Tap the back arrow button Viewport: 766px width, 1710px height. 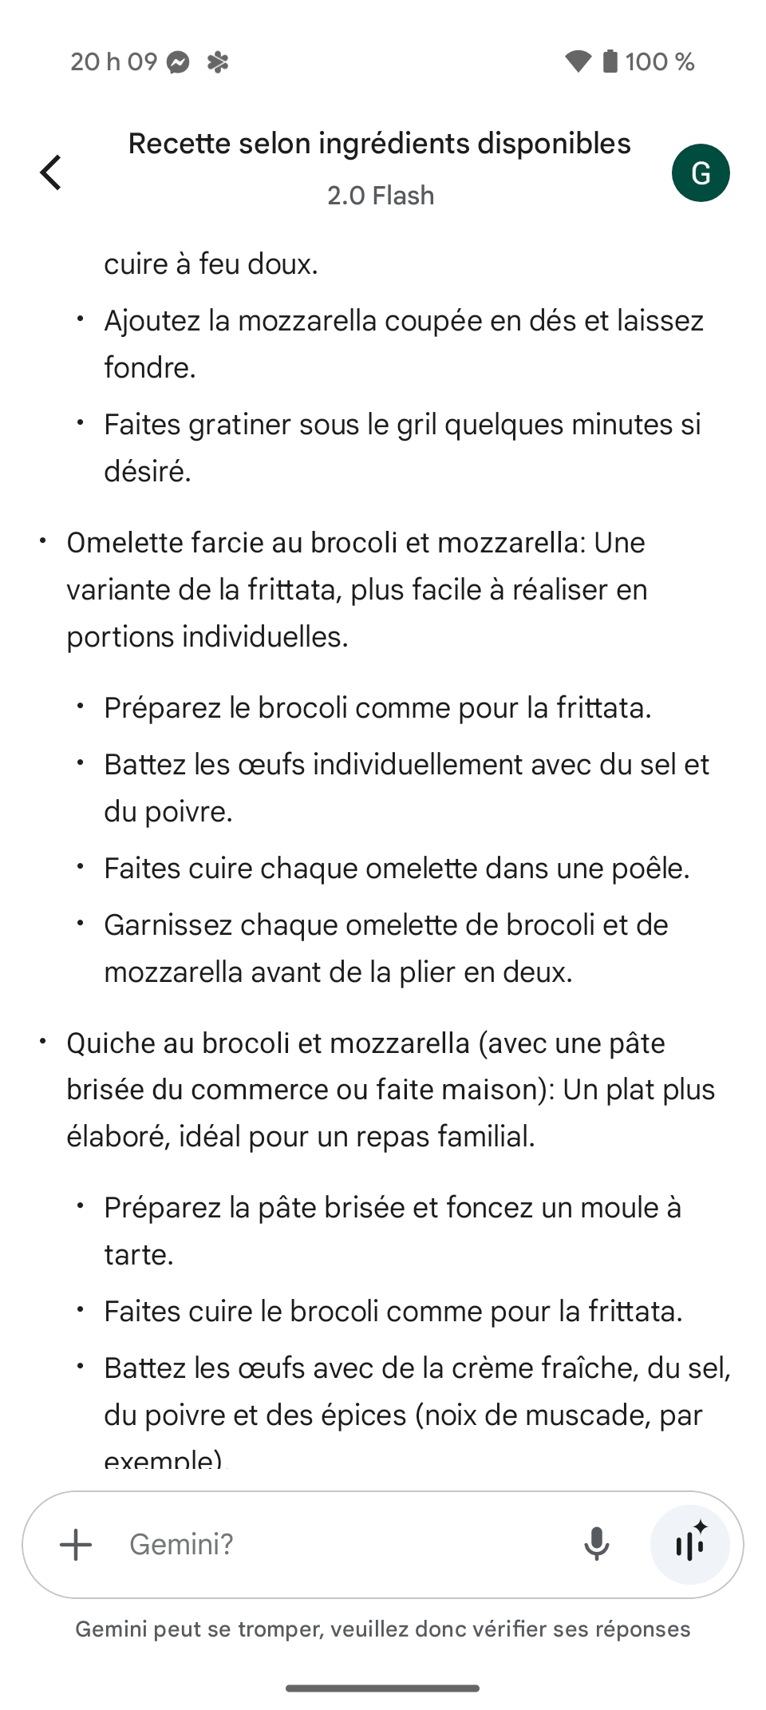51,172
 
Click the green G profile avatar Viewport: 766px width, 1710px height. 701,172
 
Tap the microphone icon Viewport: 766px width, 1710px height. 596,1544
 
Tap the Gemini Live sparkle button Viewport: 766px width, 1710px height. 690,1544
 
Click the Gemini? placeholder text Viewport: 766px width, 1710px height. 182,1544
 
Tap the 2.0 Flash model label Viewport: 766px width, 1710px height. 381,196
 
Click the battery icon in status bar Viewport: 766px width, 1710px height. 610,61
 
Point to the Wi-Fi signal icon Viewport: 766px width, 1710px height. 578,61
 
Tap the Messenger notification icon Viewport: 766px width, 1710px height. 179,62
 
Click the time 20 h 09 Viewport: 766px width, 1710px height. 113,61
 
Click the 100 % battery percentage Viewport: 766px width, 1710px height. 660,61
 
